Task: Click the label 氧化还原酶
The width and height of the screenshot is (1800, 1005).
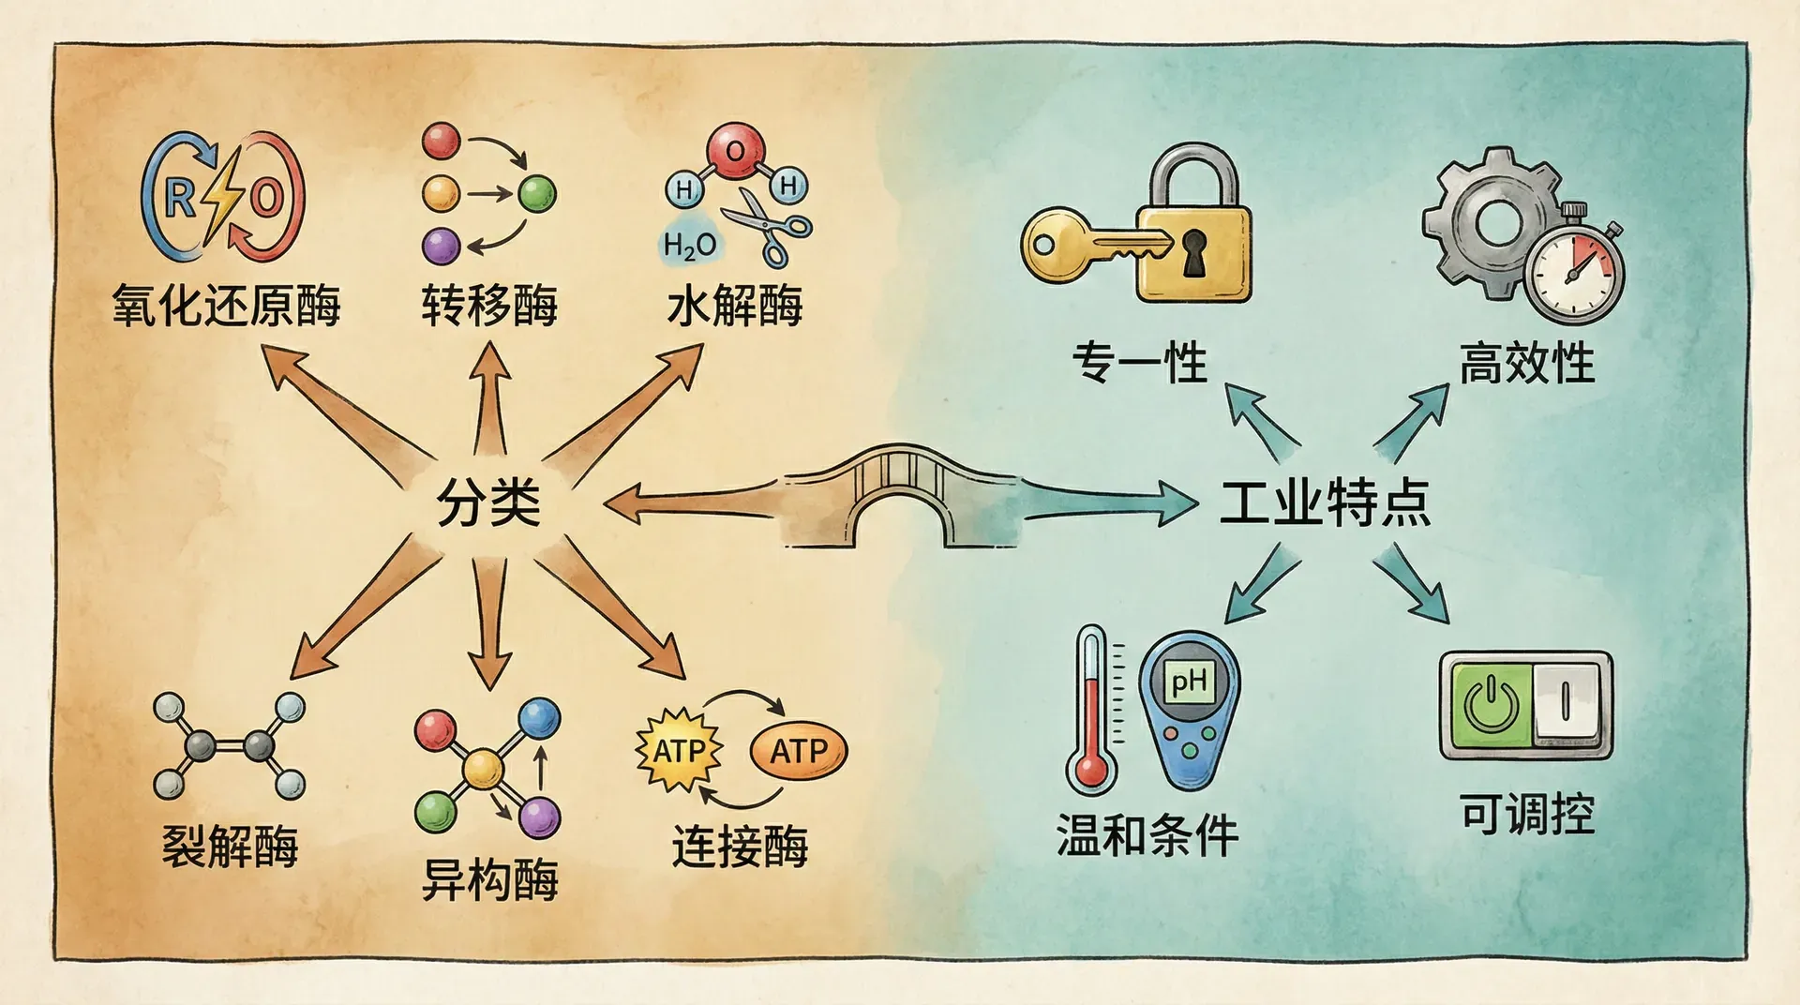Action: (226, 306)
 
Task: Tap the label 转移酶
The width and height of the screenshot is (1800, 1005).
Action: (488, 306)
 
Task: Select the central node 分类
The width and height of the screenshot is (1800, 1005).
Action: (488, 502)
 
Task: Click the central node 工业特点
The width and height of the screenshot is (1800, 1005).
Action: (1324, 502)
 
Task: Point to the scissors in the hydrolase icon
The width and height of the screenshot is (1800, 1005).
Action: (764, 225)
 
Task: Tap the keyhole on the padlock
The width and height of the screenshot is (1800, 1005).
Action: (1193, 252)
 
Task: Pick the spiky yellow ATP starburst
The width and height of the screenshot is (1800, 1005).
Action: (679, 750)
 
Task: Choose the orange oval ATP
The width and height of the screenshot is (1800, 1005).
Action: (799, 751)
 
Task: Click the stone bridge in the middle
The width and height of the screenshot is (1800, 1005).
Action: (900, 497)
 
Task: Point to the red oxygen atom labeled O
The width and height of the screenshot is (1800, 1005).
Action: (736, 150)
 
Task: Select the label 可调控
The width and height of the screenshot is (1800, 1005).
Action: (1526, 814)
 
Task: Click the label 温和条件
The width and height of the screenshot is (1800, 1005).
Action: (1147, 834)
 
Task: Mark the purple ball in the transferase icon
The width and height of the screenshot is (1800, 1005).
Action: (441, 246)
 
